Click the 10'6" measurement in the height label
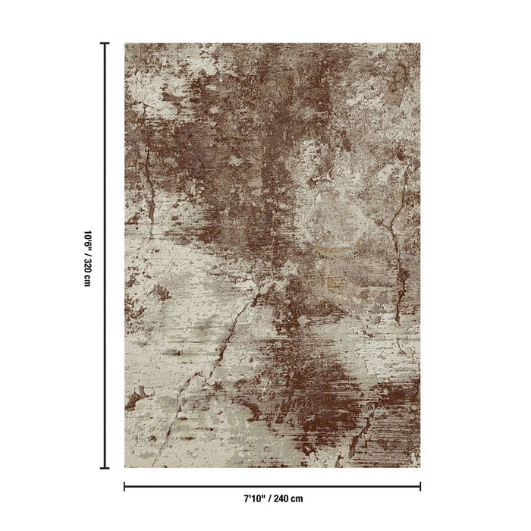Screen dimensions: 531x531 (x=87, y=228)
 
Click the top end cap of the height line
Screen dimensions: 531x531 (x=105, y=44)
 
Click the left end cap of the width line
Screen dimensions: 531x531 (x=124, y=485)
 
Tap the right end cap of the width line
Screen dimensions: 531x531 (x=420, y=485)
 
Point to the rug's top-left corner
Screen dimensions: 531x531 (x=125, y=44)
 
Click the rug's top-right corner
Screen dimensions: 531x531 (x=419, y=44)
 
